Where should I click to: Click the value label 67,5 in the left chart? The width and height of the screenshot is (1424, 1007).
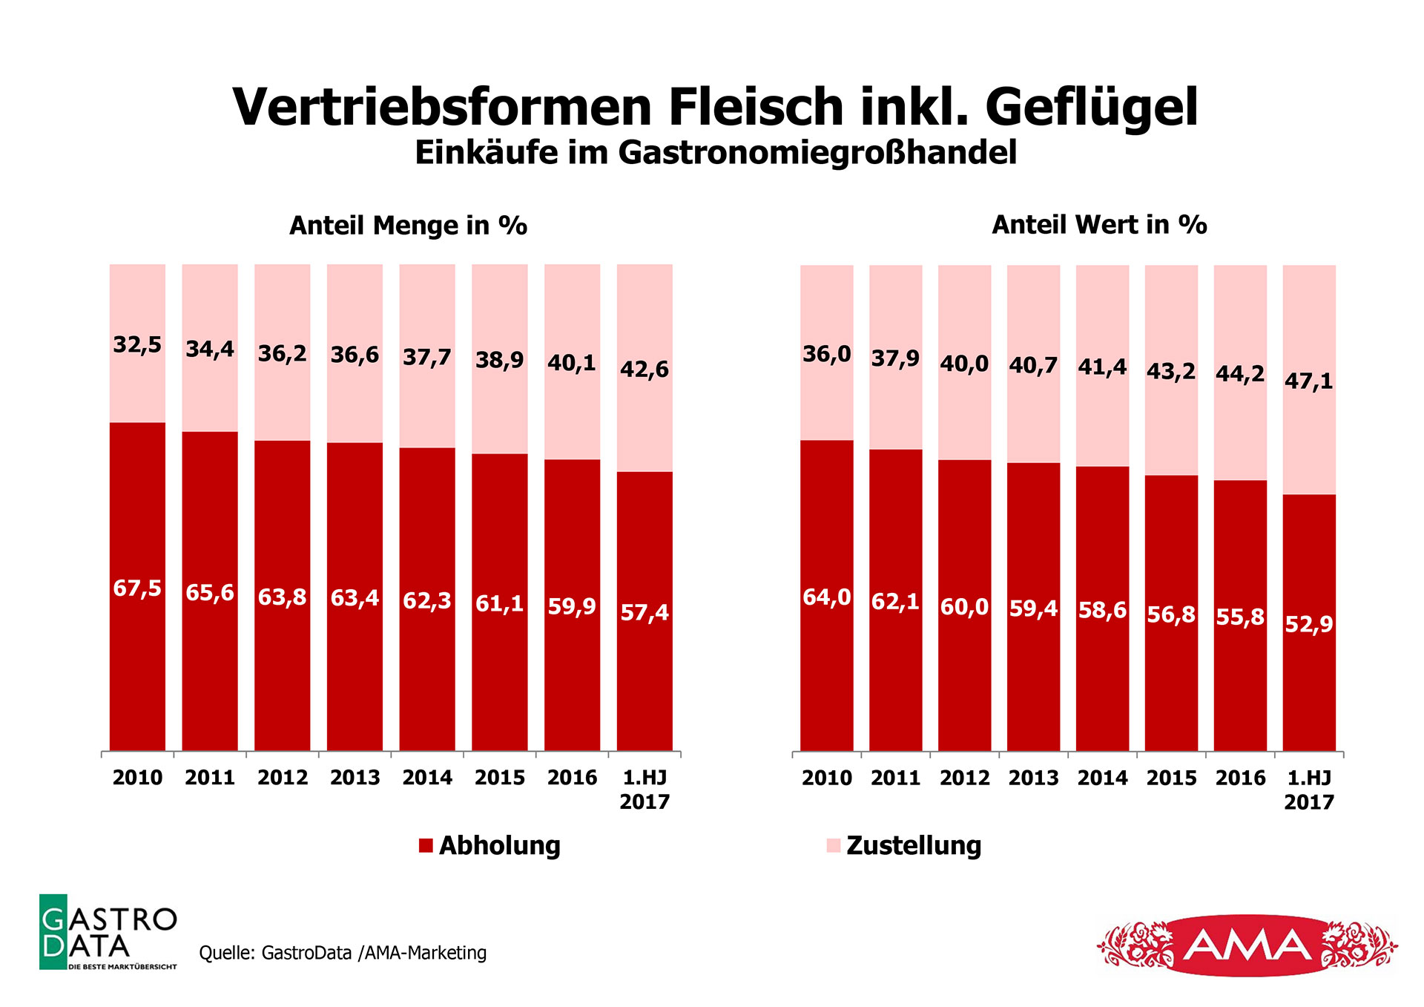(x=137, y=588)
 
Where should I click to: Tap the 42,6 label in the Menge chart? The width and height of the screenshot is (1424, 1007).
(x=645, y=370)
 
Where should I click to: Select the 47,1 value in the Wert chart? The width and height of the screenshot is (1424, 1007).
(x=1309, y=381)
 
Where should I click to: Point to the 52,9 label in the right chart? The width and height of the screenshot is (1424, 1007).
(x=1309, y=624)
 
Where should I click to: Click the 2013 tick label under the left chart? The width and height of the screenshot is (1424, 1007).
(x=355, y=778)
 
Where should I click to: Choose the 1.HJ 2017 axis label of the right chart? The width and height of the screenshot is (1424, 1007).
(x=1309, y=790)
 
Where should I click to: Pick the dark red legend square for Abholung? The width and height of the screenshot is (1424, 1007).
(x=426, y=845)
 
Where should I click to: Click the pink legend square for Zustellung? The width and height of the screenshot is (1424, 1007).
(x=834, y=845)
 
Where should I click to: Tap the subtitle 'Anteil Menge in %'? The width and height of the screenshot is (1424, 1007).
(x=408, y=226)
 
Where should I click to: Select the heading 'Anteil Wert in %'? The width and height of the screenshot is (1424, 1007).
(x=1099, y=225)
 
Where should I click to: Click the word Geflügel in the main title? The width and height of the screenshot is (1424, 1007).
(x=1091, y=108)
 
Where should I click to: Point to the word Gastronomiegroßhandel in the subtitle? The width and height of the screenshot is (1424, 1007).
(x=817, y=153)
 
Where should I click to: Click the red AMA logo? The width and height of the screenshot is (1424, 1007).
(x=1247, y=945)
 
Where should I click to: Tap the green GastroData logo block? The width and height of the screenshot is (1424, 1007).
(x=53, y=932)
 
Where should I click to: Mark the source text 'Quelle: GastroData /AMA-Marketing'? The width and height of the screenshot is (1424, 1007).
(x=343, y=953)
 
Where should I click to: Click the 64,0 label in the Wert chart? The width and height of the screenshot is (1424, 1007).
(x=827, y=597)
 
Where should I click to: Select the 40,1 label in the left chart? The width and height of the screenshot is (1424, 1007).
(x=572, y=364)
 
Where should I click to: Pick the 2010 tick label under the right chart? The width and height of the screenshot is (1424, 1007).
(x=827, y=778)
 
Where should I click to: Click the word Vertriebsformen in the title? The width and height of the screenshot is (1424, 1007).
(x=443, y=108)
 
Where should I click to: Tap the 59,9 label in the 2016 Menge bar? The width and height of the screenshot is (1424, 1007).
(x=572, y=607)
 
